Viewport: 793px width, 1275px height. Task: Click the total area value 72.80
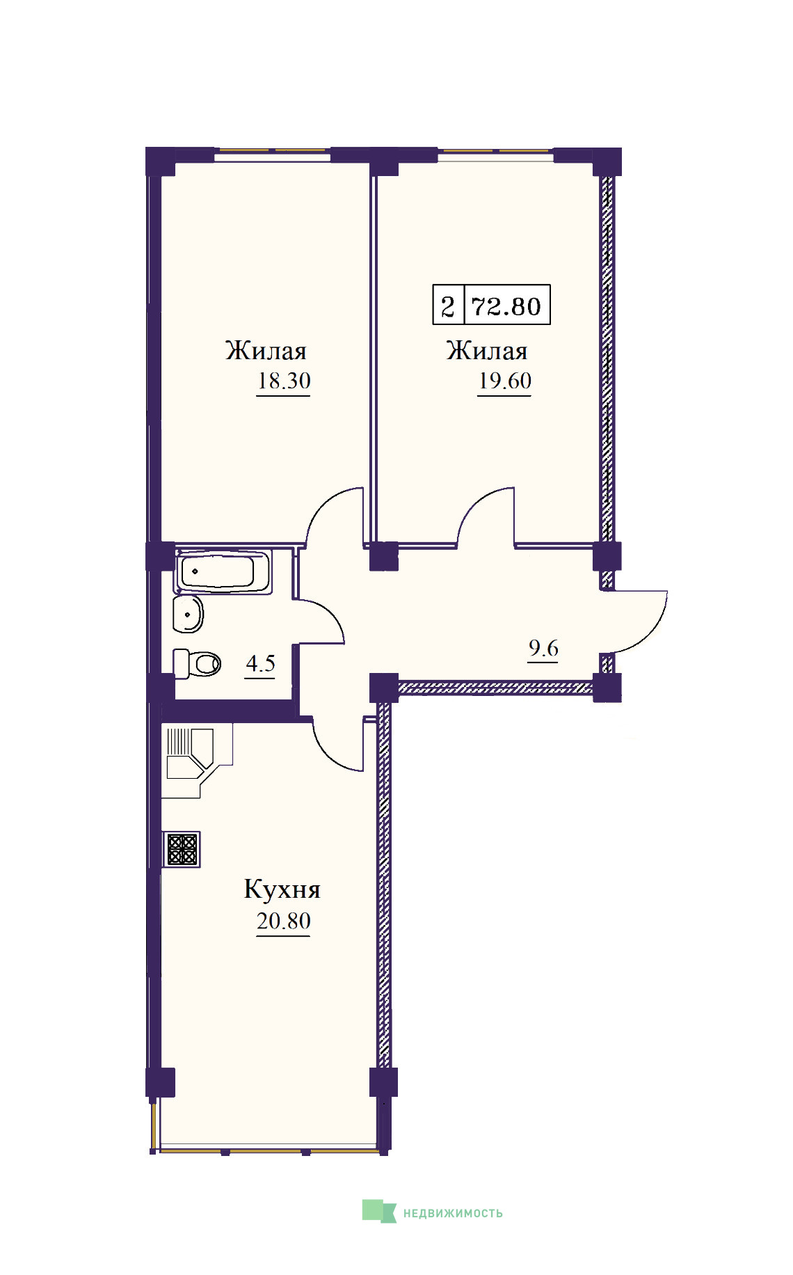(506, 306)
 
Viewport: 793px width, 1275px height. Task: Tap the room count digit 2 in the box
(448, 306)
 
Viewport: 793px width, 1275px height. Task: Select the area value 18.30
(284, 381)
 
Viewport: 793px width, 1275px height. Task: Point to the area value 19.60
(505, 381)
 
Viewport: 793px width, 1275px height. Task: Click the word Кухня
(282, 889)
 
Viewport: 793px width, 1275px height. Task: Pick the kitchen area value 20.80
(284, 921)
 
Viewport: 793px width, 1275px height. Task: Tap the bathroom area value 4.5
(260, 663)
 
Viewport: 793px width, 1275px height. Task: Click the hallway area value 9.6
(543, 648)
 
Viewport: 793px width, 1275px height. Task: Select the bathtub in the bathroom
(224, 572)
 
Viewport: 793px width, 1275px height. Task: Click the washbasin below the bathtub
(188, 614)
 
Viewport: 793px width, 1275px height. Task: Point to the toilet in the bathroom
(197, 663)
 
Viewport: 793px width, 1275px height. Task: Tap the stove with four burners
(182, 850)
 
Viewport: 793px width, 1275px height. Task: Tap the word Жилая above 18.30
(266, 350)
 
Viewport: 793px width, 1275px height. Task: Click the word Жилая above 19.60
(487, 350)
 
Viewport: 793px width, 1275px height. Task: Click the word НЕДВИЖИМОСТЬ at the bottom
(453, 1213)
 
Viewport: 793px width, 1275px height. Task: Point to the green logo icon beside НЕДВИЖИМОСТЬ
(379, 1211)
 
